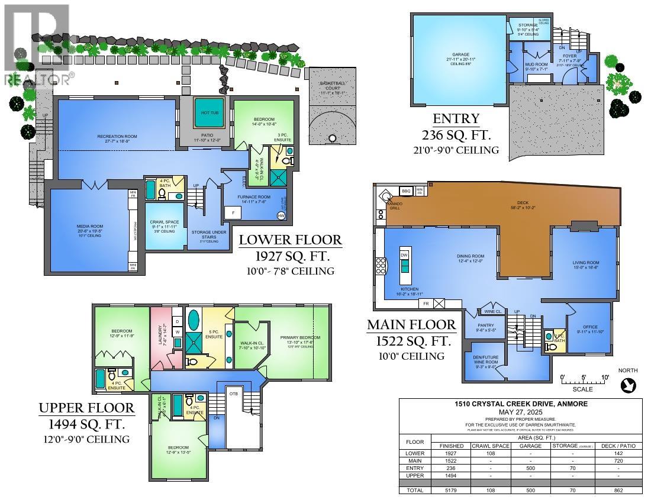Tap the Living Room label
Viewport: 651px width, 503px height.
point(586,263)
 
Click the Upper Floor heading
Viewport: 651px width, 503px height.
point(87,408)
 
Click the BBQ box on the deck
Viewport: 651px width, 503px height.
point(406,191)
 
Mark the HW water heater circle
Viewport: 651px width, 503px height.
point(281,217)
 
